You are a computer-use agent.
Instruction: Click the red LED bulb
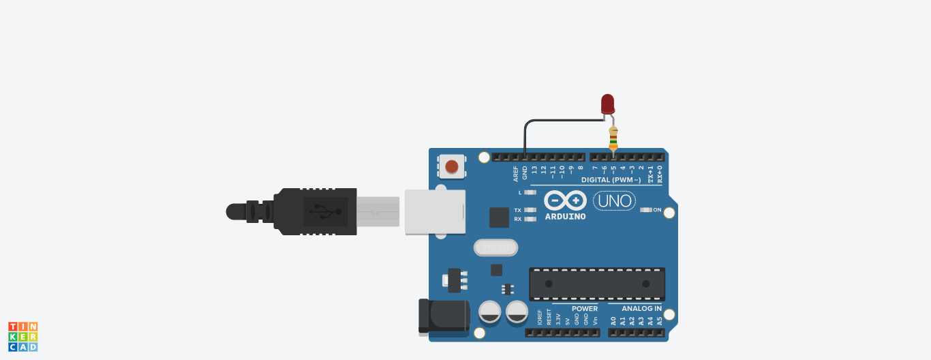point(607,104)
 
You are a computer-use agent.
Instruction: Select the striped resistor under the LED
point(613,138)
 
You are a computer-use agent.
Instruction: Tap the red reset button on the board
point(451,166)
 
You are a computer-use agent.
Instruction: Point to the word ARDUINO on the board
point(565,217)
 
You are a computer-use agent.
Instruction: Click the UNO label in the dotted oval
point(614,200)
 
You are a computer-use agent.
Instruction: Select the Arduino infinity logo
point(565,200)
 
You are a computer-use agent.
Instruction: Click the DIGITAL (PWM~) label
point(611,180)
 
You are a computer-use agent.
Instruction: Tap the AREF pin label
point(516,173)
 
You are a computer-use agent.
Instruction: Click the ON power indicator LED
point(646,210)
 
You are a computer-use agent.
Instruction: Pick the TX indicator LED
point(530,210)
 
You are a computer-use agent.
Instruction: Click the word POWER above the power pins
point(584,309)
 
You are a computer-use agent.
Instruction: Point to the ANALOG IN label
point(641,309)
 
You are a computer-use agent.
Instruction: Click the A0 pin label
point(613,320)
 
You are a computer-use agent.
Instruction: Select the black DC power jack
point(444,316)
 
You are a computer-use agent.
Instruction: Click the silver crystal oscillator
point(495,247)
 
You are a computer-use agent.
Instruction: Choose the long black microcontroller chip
point(597,284)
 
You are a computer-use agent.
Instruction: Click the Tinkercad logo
point(23,337)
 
